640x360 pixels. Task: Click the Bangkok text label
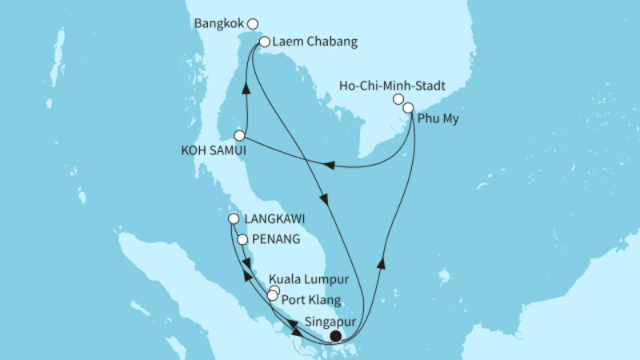[x=219, y=24]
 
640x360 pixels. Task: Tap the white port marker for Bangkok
[x=253, y=24]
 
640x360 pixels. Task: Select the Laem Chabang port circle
[x=264, y=42]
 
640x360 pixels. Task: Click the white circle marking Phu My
[x=409, y=107]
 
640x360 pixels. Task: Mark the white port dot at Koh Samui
[x=238, y=135]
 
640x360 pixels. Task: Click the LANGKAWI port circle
[x=233, y=218]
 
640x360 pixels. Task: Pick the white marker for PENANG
[x=242, y=238]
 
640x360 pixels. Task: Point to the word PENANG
[x=277, y=238]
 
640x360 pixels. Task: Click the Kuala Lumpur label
[x=318, y=280]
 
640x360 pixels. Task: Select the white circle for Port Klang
[x=272, y=296]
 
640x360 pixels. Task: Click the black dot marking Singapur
[x=336, y=337]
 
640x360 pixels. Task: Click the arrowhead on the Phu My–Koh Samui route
[x=327, y=166]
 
